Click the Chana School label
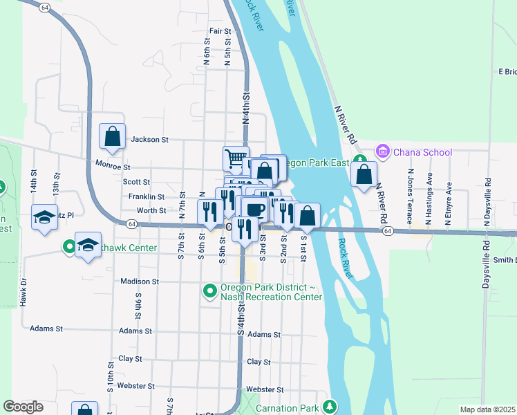[422, 152]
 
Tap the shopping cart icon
[236, 159]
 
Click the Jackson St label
[150, 140]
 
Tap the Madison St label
[140, 282]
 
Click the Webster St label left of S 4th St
[130, 385]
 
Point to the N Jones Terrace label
[411, 197]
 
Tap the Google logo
[23, 407]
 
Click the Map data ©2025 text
[487, 409]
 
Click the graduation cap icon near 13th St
[44, 216]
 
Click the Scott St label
[136, 182]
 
